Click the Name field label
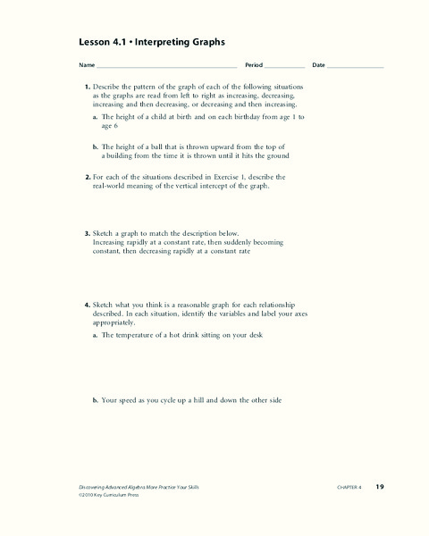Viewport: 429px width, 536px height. pos(87,66)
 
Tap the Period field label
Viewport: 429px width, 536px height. pos(254,66)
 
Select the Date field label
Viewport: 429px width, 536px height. pos(318,66)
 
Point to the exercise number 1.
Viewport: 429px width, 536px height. pos(88,86)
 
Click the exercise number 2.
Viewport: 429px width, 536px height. pos(88,178)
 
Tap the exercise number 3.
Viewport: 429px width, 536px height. pos(88,232)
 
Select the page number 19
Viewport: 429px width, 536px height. pos(379,486)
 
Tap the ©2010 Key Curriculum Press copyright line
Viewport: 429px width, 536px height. pos(107,494)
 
